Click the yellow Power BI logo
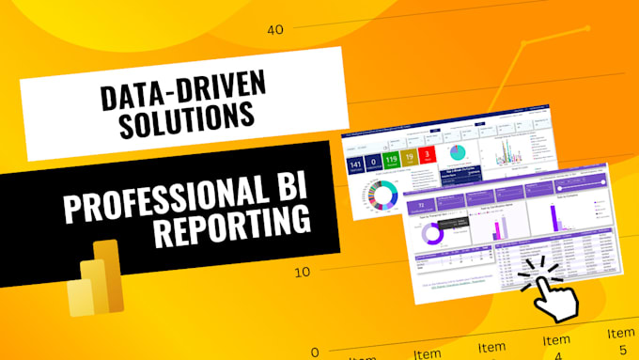(x=97, y=278)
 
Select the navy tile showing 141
(x=356, y=167)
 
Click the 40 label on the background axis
(x=274, y=29)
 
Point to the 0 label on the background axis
(x=314, y=352)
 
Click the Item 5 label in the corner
(x=620, y=340)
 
